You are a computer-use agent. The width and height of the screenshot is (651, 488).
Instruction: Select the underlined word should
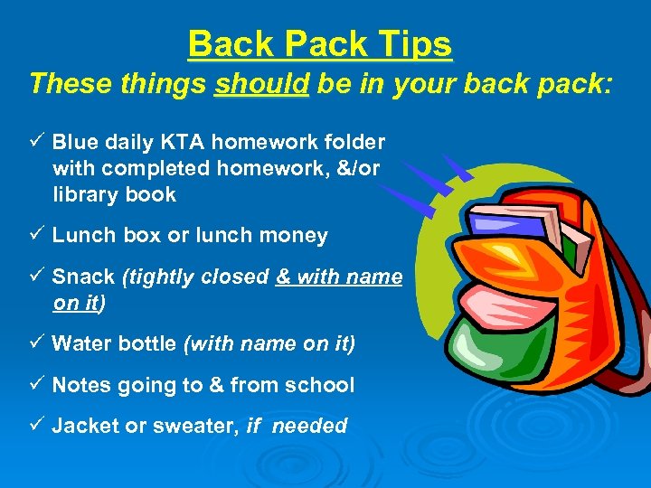(x=262, y=84)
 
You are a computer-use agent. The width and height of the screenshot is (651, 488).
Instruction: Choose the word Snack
(x=83, y=277)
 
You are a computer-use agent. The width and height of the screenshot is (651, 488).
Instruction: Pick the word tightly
(x=162, y=277)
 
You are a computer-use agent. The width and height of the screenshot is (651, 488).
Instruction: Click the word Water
(x=83, y=344)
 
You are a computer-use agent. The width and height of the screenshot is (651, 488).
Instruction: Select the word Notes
(x=82, y=386)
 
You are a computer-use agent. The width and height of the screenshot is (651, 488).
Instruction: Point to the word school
(x=320, y=386)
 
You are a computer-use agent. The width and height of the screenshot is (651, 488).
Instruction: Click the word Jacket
(x=87, y=427)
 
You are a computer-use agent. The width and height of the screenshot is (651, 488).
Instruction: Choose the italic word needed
(x=310, y=427)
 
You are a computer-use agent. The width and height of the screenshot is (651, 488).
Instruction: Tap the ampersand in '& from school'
(x=217, y=386)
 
